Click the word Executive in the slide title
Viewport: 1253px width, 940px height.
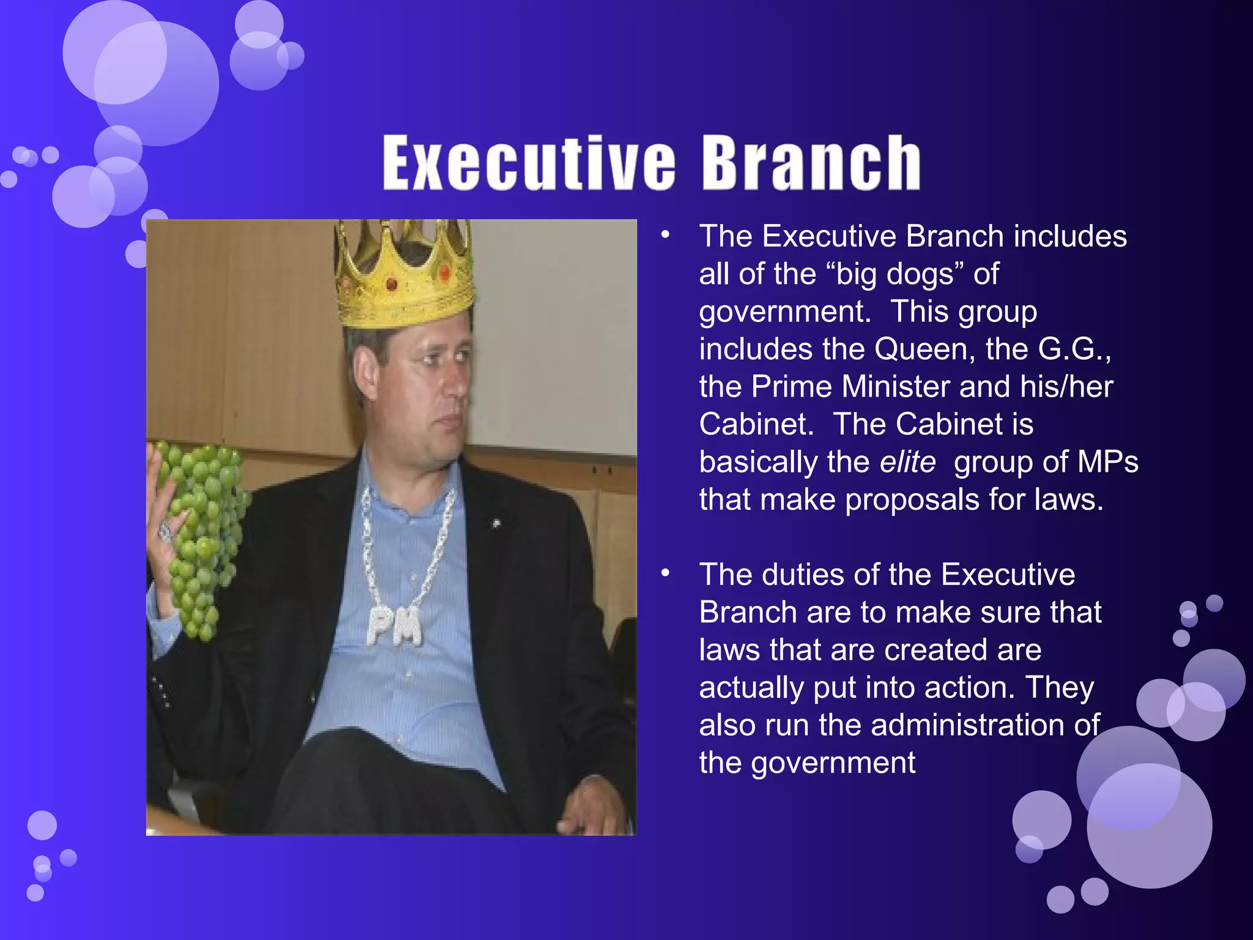pos(529,163)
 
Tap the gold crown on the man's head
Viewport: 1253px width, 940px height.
pos(405,275)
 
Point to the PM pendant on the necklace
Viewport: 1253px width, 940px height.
pos(395,625)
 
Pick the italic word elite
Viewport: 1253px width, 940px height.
pos(907,462)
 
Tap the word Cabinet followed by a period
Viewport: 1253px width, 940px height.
pos(756,424)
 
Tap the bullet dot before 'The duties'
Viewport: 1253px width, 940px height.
pos(666,574)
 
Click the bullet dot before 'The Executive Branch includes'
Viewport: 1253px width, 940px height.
pos(666,236)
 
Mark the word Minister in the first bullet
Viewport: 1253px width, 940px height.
pos(895,387)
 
